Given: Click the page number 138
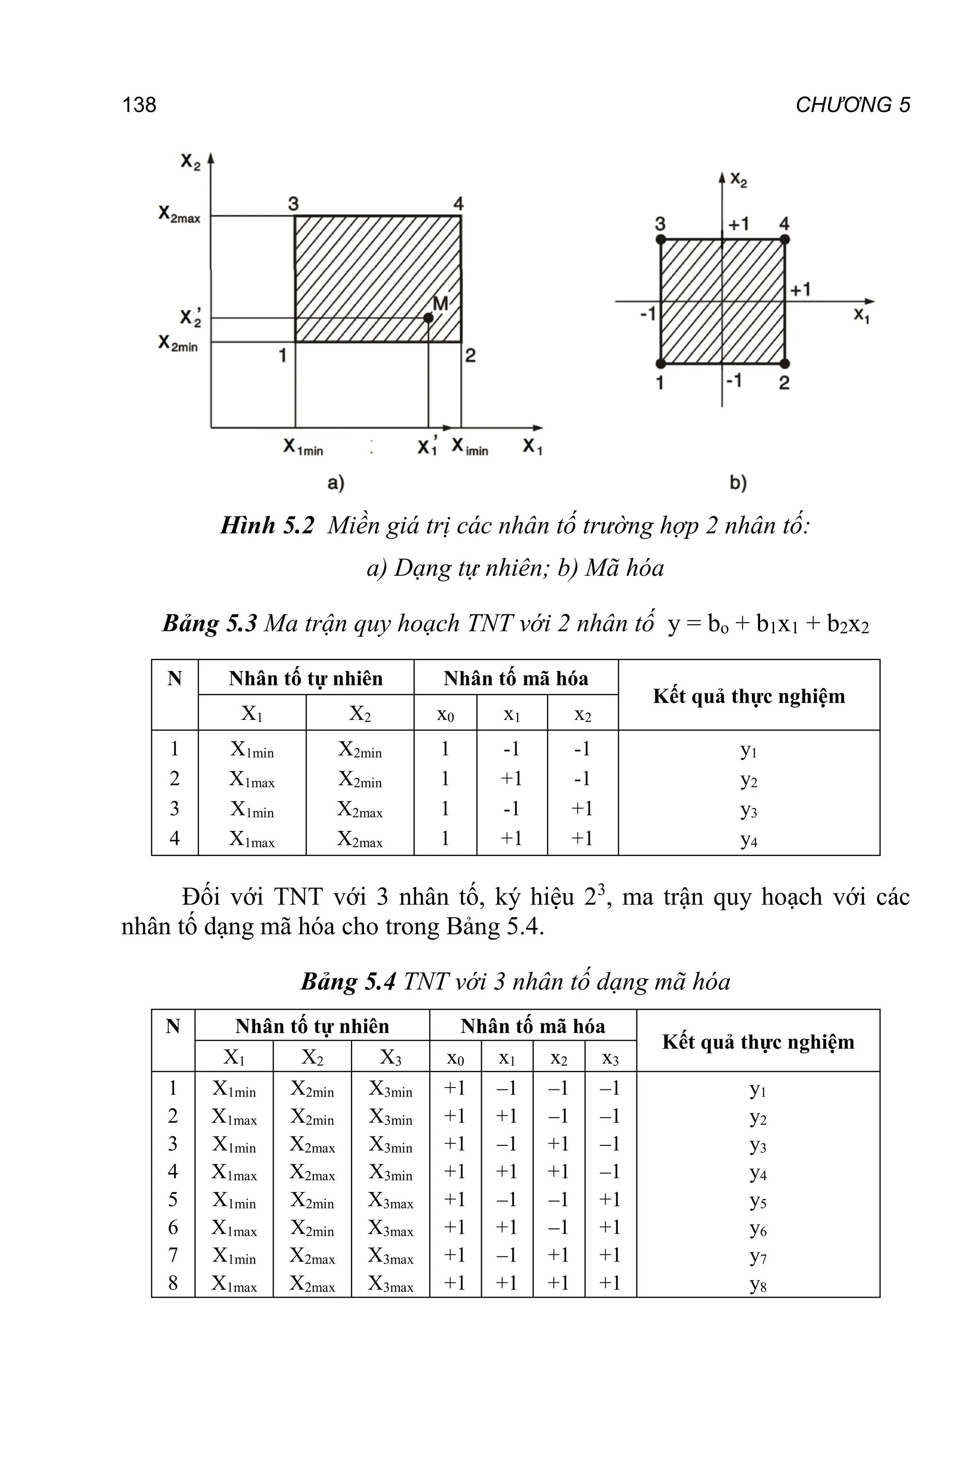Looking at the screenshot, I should coord(139,105).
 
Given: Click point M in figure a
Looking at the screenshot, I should coord(428,318).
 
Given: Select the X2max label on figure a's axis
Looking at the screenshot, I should coord(179,215).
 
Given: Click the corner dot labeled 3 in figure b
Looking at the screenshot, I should coord(661,239).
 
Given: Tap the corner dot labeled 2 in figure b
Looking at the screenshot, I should coord(785,363).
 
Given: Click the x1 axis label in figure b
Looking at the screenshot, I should coord(861,316).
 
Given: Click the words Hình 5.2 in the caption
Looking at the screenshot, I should coord(267,526).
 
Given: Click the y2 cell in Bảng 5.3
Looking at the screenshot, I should coord(749,780).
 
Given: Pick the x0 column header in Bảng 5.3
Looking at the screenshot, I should coord(445,714).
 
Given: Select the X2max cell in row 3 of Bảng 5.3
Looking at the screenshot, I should coord(360,810).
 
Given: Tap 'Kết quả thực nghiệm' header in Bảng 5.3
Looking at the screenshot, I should coord(749,696).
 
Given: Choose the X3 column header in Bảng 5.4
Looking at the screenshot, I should coord(390,1057).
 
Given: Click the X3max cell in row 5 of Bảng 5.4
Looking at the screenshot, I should coord(390,1200).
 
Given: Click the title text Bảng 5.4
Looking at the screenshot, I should coord(348,982).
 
